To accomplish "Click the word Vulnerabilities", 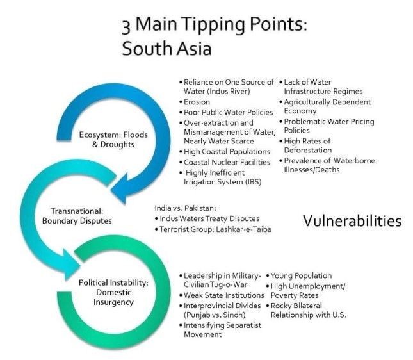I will tap(352, 221).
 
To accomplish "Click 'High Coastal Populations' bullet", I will tap(222, 151).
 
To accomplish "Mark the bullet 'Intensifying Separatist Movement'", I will tap(218, 331).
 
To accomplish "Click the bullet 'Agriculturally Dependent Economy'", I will tap(326, 107).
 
